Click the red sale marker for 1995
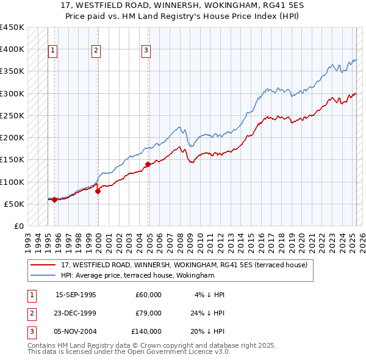54,200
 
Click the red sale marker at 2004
148,164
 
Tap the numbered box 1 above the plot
53,51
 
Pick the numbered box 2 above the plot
96,51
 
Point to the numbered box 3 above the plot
146,51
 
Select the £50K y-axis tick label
15,204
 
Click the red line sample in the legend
43,265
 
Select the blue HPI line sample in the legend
43,275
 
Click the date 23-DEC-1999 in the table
76,313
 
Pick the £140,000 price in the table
146,331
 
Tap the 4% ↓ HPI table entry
209,295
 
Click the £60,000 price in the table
148,295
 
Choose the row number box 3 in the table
31,331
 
